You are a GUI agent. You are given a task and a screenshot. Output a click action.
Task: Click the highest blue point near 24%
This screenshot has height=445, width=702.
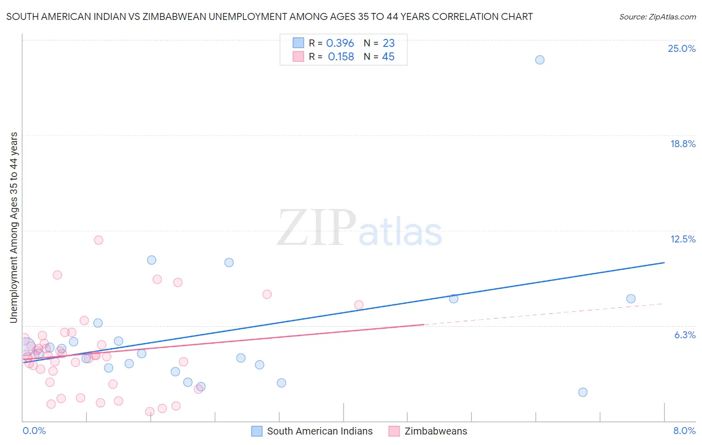click(x=540, y=60)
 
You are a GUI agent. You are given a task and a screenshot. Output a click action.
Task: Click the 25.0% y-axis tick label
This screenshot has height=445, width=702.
click(x=682, y=48)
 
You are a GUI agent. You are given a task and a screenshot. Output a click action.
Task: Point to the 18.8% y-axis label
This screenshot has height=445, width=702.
click(x=683, y=144)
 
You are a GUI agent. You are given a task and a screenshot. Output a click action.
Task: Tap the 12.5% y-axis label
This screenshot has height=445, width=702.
click(x=683, y=239)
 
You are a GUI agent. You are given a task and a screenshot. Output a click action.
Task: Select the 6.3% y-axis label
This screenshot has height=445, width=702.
click(x=685, y=335)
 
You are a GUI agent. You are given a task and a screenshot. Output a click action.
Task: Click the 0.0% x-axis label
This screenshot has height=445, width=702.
click(x=34, y=431)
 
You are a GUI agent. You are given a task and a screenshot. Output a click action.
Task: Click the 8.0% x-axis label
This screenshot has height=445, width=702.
click(x=684, y=431)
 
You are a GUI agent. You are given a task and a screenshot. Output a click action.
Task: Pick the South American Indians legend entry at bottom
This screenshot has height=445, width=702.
click(x=320, y=431)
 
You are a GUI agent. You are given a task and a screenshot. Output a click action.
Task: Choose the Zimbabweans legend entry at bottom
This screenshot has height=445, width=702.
click(x=436, y=431)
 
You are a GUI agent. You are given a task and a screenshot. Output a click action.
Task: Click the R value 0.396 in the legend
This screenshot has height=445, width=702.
click(x=340, y=43)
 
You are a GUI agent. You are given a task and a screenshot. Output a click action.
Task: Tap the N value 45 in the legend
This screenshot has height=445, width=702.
click(x=388, y=57)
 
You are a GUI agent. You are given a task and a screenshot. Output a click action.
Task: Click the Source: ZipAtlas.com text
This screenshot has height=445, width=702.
click(x=657, y=17)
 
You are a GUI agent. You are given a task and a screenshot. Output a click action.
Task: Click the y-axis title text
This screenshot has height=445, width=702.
click(x=13, y=227)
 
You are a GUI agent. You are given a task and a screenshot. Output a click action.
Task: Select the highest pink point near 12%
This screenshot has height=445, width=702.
click(x=98, y=240)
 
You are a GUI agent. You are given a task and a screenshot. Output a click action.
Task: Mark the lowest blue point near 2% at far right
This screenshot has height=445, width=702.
click(x=583, y=392)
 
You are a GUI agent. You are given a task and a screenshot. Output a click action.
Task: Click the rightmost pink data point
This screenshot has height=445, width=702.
click(x=358, y=305)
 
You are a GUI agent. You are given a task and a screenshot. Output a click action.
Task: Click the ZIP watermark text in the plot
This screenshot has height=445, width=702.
click(x=317, y=228)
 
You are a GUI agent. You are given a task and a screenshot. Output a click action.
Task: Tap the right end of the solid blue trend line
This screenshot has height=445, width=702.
click(x=664, y=262)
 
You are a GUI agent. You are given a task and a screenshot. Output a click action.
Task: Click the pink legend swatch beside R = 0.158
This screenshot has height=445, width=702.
click(x=298, y=56)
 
